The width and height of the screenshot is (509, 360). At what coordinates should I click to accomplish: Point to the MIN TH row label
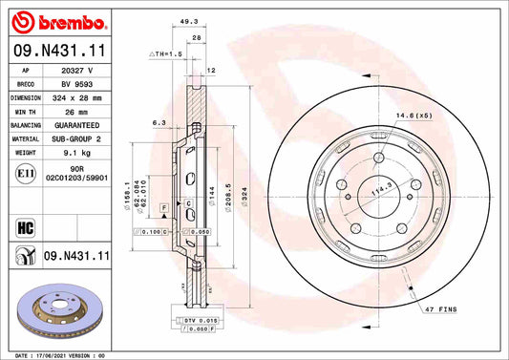point(25,112)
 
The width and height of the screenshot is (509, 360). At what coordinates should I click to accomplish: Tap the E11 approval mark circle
point(25,176)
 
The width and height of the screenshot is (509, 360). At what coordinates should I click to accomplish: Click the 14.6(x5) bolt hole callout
point(414,116)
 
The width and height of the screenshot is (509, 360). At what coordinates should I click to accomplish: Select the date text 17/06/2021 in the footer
point(57,354)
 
